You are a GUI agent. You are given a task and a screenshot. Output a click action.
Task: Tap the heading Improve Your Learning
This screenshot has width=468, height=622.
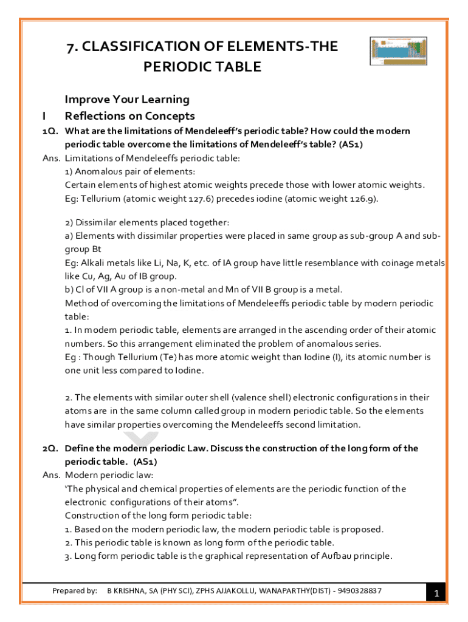pyautogui.click(x=127, y=99)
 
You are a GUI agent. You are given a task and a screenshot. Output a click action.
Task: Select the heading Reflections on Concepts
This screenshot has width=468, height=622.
pyautogui.click(x=129, y=115)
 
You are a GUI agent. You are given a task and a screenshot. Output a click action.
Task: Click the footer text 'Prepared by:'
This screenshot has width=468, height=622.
pyautogui.click(x=75, y=590)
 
